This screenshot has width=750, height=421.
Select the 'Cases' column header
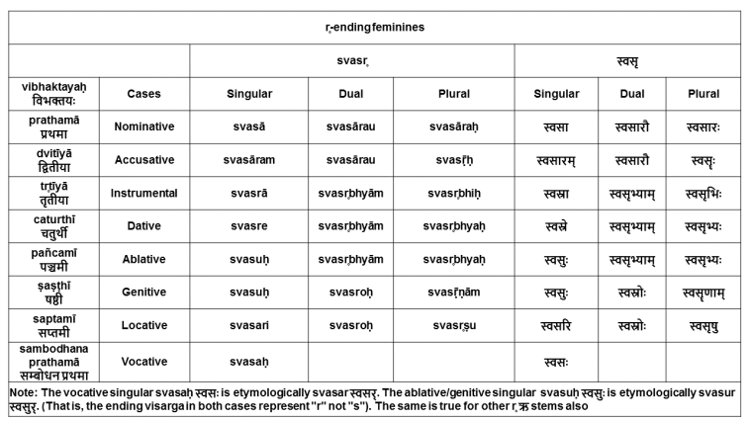143,94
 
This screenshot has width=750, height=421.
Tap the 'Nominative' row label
143,127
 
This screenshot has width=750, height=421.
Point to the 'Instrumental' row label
143,193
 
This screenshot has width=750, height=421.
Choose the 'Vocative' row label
143,362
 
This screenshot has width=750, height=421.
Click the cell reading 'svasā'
248,127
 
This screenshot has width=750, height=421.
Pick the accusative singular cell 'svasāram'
248,160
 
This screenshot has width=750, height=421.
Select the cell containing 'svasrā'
248,193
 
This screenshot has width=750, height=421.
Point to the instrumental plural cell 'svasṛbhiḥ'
453,193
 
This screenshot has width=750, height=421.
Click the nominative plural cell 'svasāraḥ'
453,127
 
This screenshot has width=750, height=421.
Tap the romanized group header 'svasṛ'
351,60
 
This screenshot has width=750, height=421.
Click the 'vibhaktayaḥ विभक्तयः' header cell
54,94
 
